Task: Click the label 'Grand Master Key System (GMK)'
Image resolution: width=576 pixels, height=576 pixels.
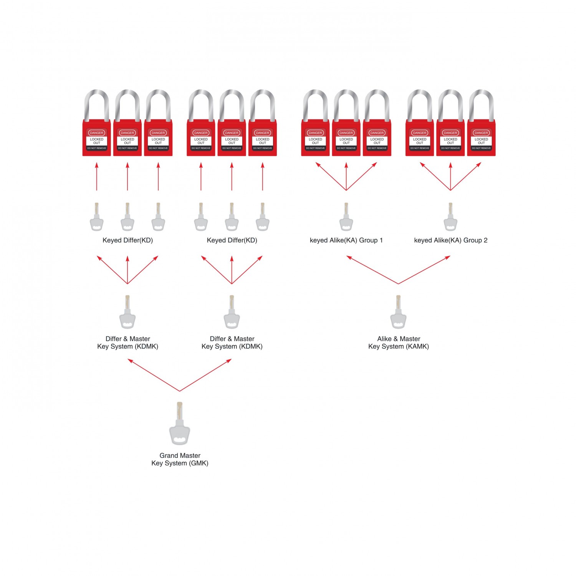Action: [180, 459]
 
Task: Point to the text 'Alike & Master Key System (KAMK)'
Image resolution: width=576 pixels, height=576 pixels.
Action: [399, 343]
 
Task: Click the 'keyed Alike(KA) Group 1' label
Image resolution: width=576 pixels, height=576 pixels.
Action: [346, 240]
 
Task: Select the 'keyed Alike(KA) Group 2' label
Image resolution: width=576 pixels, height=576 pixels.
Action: [450, 240]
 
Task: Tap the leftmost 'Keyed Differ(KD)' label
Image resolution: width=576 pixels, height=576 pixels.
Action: [127, 240]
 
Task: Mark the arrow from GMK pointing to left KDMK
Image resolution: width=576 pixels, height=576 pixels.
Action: [154, 375]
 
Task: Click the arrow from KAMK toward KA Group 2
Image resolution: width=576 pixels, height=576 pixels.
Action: [424, 270]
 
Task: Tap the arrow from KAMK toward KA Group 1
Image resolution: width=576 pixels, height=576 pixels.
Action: [372, 270]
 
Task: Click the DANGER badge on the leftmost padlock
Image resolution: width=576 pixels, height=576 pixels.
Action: [96, 133]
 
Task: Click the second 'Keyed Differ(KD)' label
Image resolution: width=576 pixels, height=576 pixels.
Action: [232, 240]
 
